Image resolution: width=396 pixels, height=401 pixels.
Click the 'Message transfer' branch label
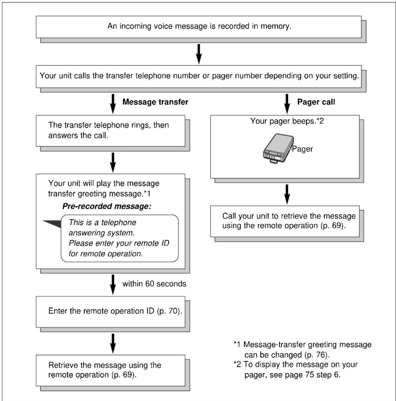pos(155,102)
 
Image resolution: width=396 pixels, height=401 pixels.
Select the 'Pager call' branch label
pos(316,102)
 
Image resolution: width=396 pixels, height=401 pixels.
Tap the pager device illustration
pos(278,149)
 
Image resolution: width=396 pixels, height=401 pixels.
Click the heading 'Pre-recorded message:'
pos(107,206)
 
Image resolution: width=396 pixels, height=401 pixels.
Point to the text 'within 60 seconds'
pos(154,284)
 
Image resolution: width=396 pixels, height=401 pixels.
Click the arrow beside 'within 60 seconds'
pos(113,284)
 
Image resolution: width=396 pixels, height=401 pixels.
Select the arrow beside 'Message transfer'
pos(113,104)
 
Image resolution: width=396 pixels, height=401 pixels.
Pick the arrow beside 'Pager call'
pos(287,104)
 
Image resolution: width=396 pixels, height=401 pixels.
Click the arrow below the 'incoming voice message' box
pos(199,54)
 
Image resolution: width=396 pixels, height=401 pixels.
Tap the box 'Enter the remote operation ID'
pos(111,312)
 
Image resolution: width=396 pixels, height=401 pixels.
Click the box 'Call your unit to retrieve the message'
pos(285,221)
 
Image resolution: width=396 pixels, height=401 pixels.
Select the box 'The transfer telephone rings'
pos(111,131)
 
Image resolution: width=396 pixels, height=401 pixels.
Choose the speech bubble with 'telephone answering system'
pos(120,238)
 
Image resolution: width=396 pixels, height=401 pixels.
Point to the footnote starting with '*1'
pos(302,350)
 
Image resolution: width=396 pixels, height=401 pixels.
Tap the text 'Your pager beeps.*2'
pos(287,121)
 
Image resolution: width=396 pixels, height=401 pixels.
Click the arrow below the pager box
pos(287,194)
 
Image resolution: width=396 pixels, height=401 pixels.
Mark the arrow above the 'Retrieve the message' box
pos(113,344)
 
